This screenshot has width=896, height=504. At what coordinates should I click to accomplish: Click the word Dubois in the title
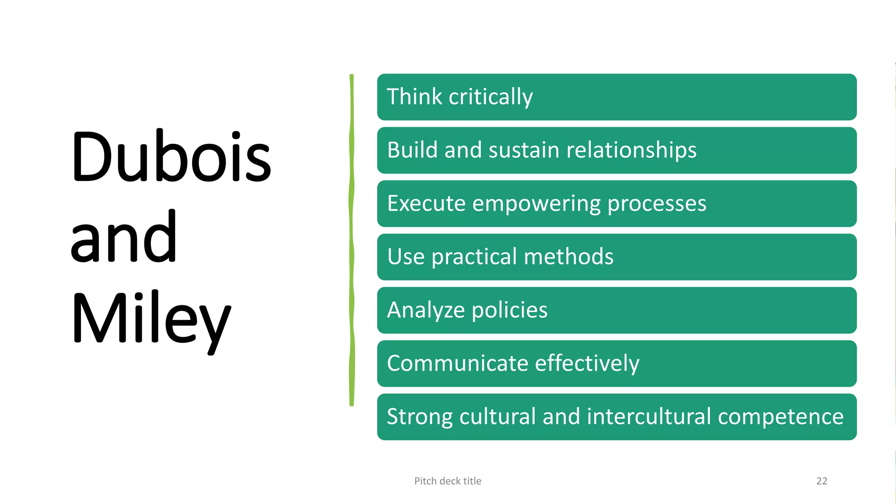tap(171, 157)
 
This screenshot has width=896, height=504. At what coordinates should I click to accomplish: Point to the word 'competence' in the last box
tap(780, 417)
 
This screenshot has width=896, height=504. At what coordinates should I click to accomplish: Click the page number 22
tap(822, 481)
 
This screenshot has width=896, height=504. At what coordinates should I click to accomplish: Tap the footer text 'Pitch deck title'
tap(448, 481)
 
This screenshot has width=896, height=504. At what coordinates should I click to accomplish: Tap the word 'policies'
tap(509, 311)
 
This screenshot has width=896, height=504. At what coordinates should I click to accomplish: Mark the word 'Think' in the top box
tap(414, 97)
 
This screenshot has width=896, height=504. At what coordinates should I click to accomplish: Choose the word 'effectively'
tap(587, 364)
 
